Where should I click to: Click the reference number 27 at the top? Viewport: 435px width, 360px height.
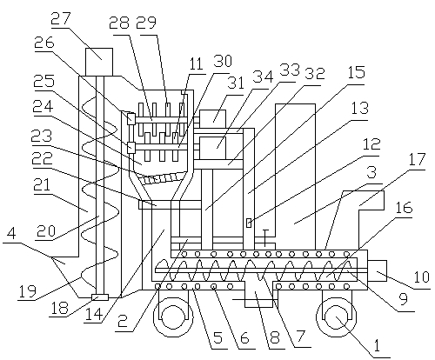point(61,18)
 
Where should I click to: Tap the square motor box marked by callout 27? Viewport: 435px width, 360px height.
point(99,62)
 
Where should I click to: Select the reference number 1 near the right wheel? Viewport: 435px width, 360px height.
point(377,344)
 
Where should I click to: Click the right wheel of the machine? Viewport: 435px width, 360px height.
point(337,318)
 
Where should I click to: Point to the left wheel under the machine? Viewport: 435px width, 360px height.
point(173,318)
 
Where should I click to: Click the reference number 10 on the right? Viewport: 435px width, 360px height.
point(422,276)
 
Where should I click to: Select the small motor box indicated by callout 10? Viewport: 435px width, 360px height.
point(377,270)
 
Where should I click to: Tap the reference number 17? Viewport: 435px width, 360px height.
point(417,159)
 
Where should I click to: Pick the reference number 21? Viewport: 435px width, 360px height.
point(41,184)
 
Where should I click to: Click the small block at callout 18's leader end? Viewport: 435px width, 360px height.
point(100,297)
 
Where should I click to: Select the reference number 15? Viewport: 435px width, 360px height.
point(356,71)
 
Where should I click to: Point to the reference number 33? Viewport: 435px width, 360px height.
point(290,70)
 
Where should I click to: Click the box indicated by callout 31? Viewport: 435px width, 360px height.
point(213,118)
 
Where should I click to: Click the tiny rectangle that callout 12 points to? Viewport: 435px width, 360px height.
point(249,223)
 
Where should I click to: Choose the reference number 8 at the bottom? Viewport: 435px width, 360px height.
point(274,337)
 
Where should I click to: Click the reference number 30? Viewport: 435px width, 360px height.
point(223,61)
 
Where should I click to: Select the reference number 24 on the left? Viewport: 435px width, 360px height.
point(43,107)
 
